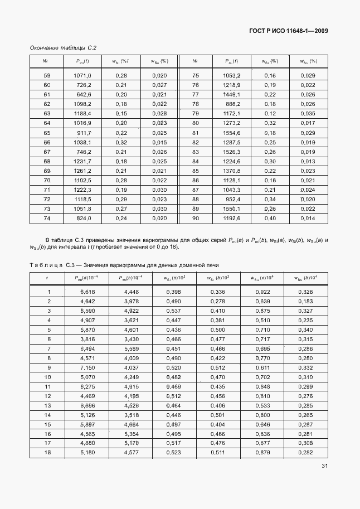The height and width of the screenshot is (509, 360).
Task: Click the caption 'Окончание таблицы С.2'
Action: [59, 49]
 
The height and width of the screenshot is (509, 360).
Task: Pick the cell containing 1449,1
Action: [231, 94]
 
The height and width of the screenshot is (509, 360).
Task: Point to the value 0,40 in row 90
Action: [270, 218]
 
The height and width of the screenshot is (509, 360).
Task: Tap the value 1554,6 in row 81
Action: [231, 133]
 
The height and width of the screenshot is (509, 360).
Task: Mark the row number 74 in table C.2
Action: [47, 218]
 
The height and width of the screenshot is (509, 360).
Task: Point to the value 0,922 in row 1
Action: [262, 292]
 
